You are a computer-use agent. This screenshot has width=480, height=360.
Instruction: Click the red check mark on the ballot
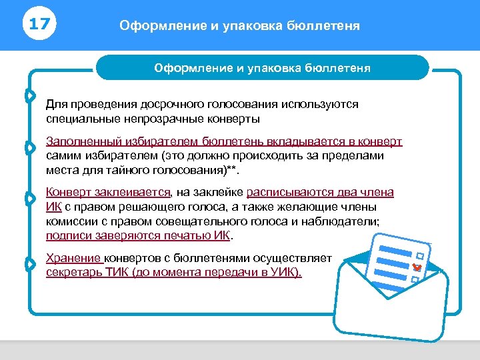coord(417,267)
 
